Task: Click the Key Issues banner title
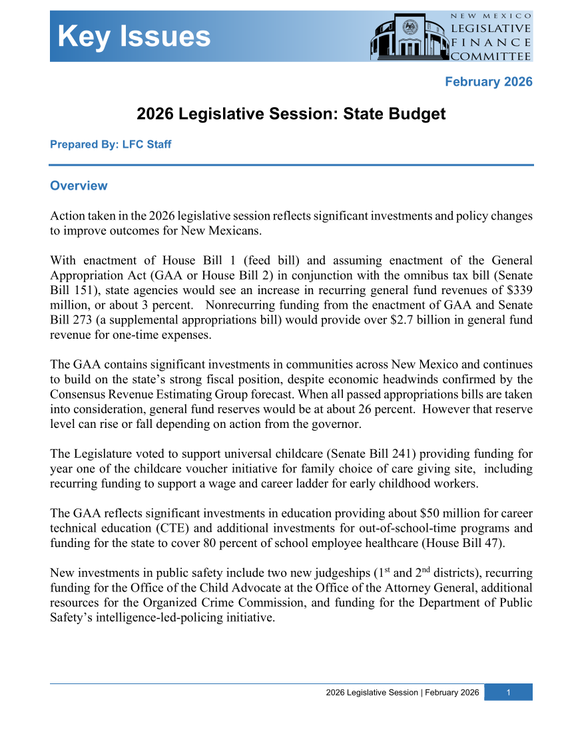pyautogui.click(x=134, y=37)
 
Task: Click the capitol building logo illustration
pyautogui.click(x=407, y=38)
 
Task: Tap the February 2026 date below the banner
pyautogui.click(x=488, y=82)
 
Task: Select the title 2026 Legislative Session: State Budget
pyautogui.click(x=291, y=114)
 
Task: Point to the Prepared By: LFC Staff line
pyautogui.click(x=111, y=144)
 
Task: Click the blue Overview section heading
pyautogui.click(x=79, y=186)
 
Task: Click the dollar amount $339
pyautogui.click(x=519, y=291)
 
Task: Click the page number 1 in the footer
pyautogui.click(x=508, y=693)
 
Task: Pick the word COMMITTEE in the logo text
pyautogui.click(x=491, y=56)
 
